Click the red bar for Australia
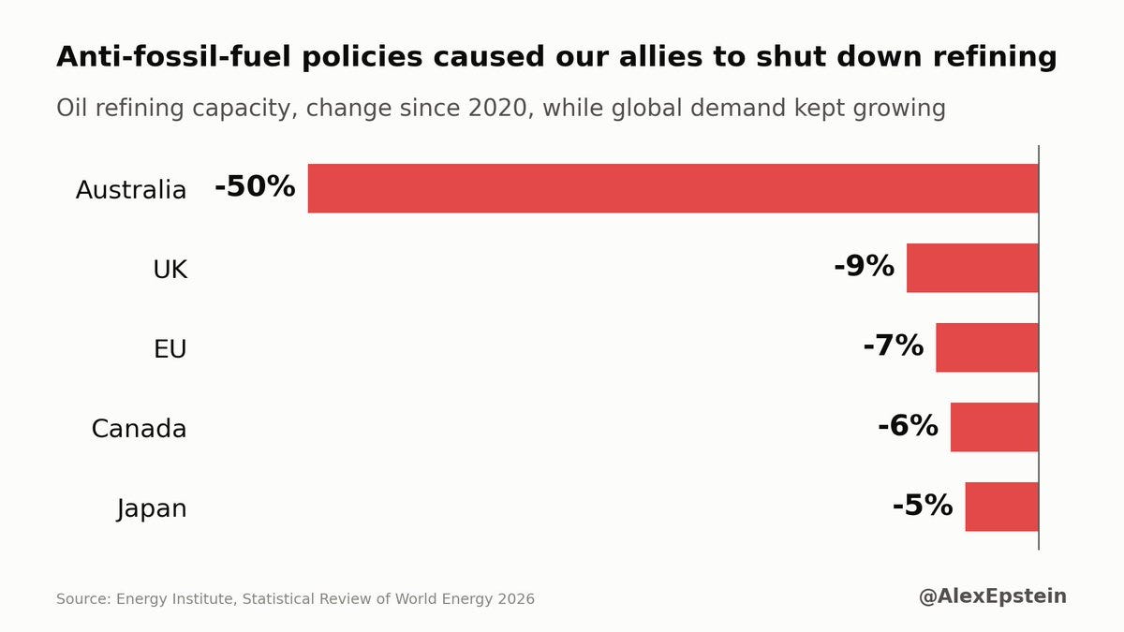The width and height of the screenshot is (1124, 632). tap(673, 188)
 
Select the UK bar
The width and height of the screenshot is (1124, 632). tap(972, 268)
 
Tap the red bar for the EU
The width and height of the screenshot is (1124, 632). tap(987, 347)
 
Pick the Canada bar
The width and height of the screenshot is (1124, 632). tap(995, 427)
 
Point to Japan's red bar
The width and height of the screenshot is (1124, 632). tap(1001, 507)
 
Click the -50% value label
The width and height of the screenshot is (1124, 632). tap(255, 186)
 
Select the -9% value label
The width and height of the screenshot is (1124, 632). tap(864, 266)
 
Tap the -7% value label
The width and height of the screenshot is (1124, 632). tap(894, 345)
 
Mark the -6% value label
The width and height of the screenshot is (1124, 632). tap(908, 425)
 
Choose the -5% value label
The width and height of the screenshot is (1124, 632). tap(923, 505)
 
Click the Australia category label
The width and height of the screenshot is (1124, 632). tap(131, 190)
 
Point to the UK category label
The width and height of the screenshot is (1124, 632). tap(170, 270)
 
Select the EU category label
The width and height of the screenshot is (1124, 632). tap(170, 349)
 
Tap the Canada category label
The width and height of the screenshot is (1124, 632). tap(139, 429)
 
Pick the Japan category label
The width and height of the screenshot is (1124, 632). tap(152, 509)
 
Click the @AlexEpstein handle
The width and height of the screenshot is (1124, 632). tap(993, 596)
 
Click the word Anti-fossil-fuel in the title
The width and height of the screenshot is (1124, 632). tap(173, 57)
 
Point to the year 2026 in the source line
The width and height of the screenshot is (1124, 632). tap(516, 599)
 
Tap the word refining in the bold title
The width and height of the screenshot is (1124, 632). tap(995, 57)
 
